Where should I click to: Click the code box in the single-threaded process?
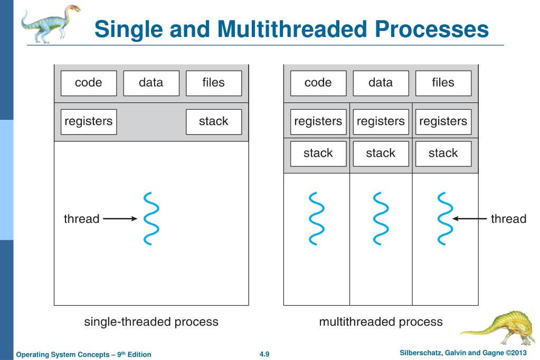89,83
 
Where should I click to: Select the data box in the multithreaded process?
381,83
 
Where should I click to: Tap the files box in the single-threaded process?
214,83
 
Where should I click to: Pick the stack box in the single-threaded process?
214,121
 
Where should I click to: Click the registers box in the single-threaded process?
89,121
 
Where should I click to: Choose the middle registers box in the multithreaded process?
381,121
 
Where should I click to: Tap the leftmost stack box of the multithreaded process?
318,154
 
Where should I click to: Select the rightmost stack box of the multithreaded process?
443,154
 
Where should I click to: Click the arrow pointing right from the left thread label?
120,219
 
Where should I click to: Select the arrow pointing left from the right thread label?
469,219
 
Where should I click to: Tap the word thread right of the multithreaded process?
509,219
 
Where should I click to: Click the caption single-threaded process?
151,322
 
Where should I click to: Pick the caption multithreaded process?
381,322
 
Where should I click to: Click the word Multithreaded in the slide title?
292,29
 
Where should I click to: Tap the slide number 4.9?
264,354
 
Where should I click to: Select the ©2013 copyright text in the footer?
516,353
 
